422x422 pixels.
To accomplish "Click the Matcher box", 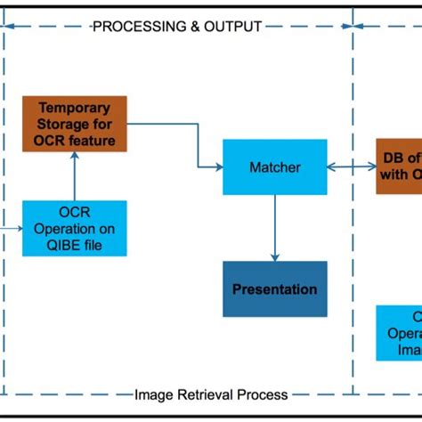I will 274,166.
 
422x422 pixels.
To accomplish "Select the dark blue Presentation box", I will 274,289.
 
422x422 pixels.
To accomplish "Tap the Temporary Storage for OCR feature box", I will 75,123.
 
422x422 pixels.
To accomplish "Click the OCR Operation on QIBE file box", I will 75,228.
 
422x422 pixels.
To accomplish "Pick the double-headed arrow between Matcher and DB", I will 351,166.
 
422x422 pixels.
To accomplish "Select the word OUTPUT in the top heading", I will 233,27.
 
